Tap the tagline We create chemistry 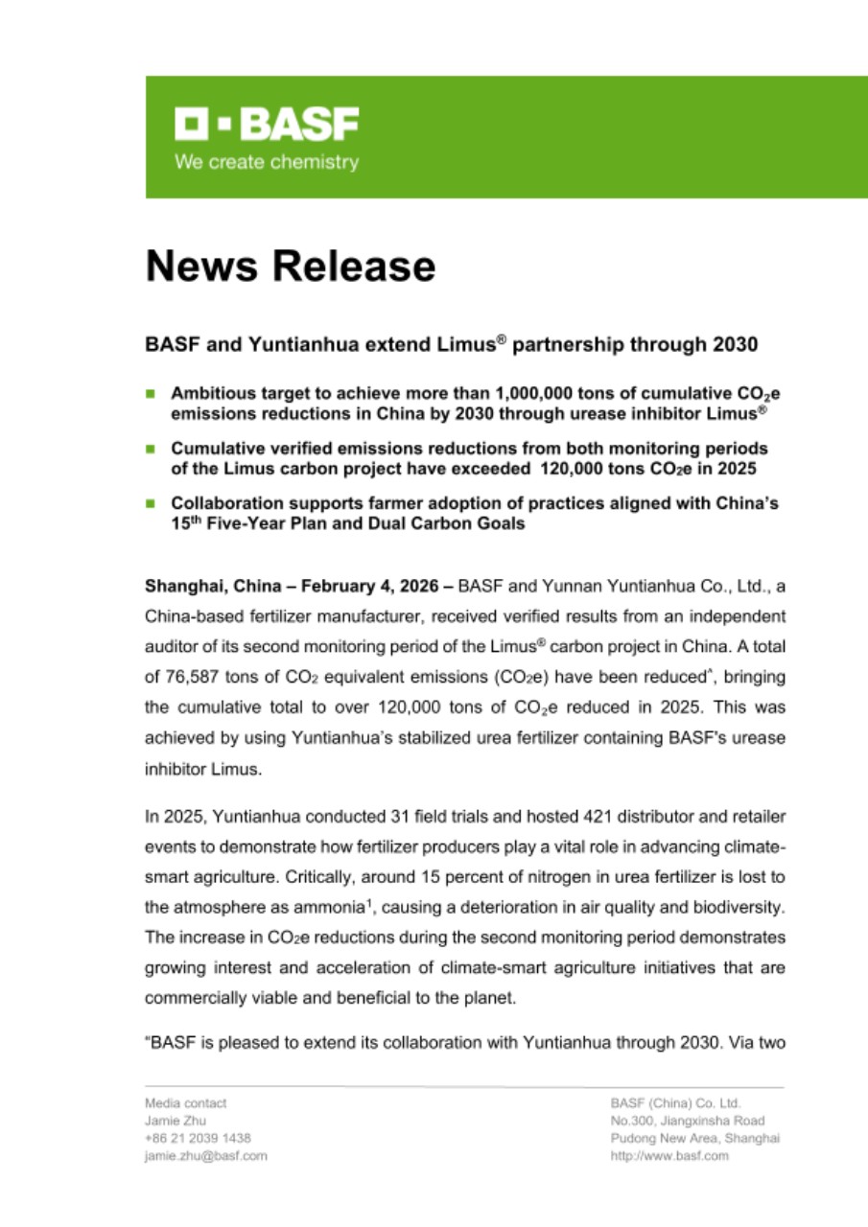(267, 162)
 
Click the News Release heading (290, 266)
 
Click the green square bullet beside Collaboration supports (150, 502)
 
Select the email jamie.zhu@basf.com (205, 1156)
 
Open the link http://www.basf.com (669, 1156)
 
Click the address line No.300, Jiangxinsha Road (687, 1121)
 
